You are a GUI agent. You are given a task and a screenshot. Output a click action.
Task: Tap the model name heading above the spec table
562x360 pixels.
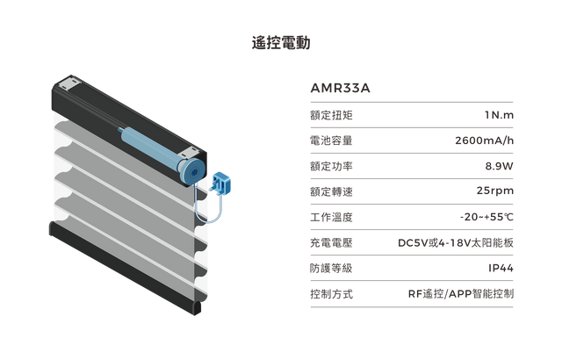[342, 90]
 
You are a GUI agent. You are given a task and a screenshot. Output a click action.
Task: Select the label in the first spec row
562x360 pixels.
[330, 114]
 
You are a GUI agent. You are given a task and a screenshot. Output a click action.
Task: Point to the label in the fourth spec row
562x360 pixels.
[330, 191]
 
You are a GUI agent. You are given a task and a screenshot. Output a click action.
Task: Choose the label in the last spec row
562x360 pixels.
[330, 292]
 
